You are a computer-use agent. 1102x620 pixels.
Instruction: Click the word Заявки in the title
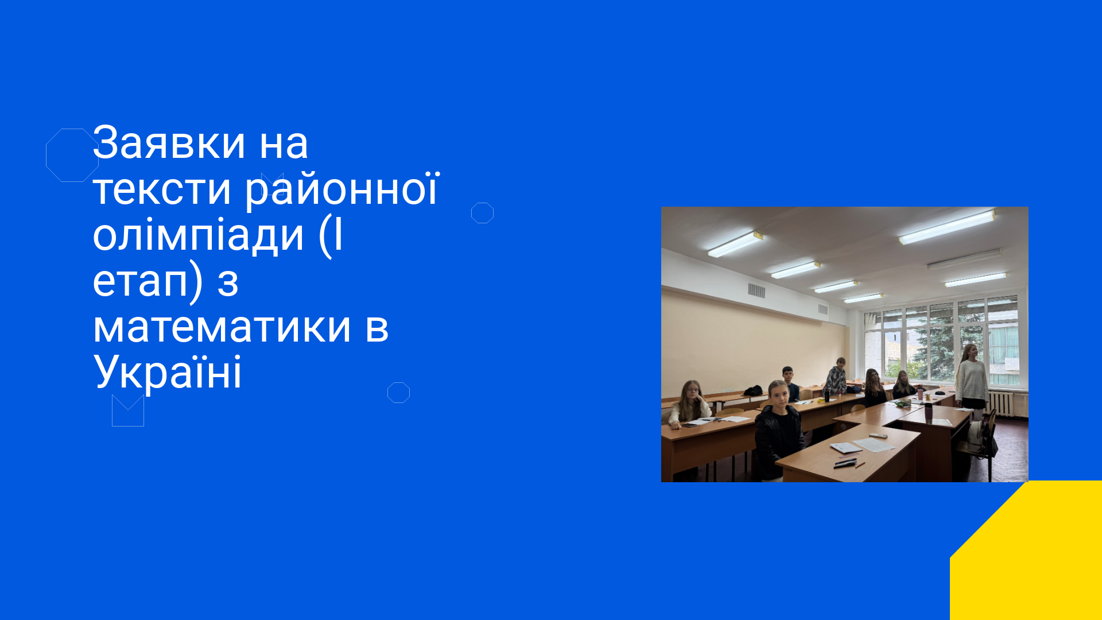pos(169,142)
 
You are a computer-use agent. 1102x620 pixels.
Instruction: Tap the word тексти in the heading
pos(162,189)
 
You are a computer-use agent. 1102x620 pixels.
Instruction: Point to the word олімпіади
pos(198,235)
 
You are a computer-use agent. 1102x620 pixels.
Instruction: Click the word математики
pos(222,327)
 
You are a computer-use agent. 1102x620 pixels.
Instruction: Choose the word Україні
pos(167,372)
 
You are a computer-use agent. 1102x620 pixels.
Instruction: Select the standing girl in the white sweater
pos(971,379)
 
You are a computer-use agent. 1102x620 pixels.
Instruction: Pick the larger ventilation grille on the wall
pos(756,290)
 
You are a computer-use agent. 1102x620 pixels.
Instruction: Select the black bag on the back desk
pos(753,391)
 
